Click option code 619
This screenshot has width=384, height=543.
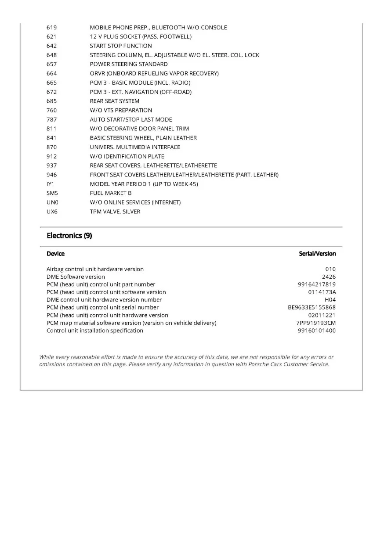pos(51,28)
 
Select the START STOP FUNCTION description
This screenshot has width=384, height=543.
pos(121,46)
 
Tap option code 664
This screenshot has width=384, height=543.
pos(51,74)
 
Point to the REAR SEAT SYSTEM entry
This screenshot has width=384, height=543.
pos(114,101)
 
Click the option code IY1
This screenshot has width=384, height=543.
pos(50,184)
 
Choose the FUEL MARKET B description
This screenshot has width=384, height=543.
pos(111,194)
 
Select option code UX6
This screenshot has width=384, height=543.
pos(52,212)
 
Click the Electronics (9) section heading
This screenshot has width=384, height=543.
pos(69,236)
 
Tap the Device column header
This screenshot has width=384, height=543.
pos(55,254)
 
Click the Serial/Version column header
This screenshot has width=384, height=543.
pos(317,254)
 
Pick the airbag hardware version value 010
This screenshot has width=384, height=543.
pos(330,269)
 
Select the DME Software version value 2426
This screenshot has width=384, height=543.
pos(329,277)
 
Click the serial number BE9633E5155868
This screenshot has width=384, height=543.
pos(312,308)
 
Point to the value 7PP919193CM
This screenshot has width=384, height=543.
pos(315,323)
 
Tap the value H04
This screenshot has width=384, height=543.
pos(330,300)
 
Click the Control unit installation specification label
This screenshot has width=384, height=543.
pos(95,331)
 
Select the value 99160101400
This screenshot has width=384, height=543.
pos(316,331)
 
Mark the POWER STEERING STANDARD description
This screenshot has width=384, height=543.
pos(129,65)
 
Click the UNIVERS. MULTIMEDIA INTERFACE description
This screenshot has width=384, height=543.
pos(135,147)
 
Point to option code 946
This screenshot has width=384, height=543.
pos(51,175)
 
